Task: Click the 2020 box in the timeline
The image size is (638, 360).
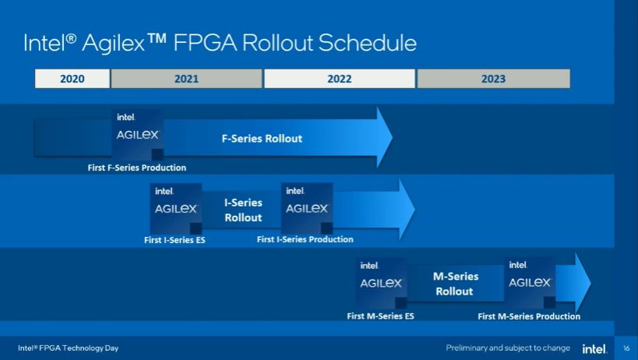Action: click(72, 79)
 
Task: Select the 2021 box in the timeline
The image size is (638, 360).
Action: click(186, 79)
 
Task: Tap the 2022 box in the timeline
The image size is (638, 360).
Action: click(340, 79)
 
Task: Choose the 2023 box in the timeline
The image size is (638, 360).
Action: click(494, 79)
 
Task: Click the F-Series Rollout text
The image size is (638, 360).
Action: click(262, 139)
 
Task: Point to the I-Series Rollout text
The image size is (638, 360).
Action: click(243, 210)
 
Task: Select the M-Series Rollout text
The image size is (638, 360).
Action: click(455, 284)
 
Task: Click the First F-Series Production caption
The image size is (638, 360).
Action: click(137, 168)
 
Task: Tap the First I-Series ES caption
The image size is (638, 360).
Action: click(174, 240)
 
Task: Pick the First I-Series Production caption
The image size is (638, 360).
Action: click(305, 239)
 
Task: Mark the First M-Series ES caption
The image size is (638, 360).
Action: click(380, 316)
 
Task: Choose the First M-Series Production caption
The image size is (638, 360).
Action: click(529, 316)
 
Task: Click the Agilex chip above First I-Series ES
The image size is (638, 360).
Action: click(176, 209)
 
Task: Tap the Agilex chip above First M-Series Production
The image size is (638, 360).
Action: click(530, 282)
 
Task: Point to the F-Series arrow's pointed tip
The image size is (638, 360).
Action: click(393, 137)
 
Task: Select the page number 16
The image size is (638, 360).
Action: click(626, 348)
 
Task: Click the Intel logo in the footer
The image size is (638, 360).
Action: click(594, 348)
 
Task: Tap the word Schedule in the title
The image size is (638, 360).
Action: click(368, 43)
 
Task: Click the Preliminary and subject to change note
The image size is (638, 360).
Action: click(508, 348)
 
